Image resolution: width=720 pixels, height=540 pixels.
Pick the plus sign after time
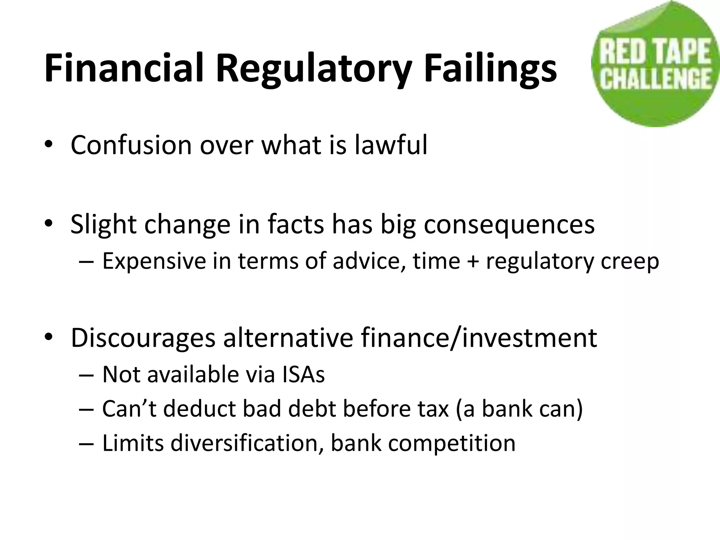click(x=473, y=262)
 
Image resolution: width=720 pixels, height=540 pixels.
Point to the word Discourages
click(x=143, y=337)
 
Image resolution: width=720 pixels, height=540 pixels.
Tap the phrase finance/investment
click(x=479, y=337)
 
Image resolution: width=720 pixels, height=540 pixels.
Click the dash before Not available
click(x=86, y=375)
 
